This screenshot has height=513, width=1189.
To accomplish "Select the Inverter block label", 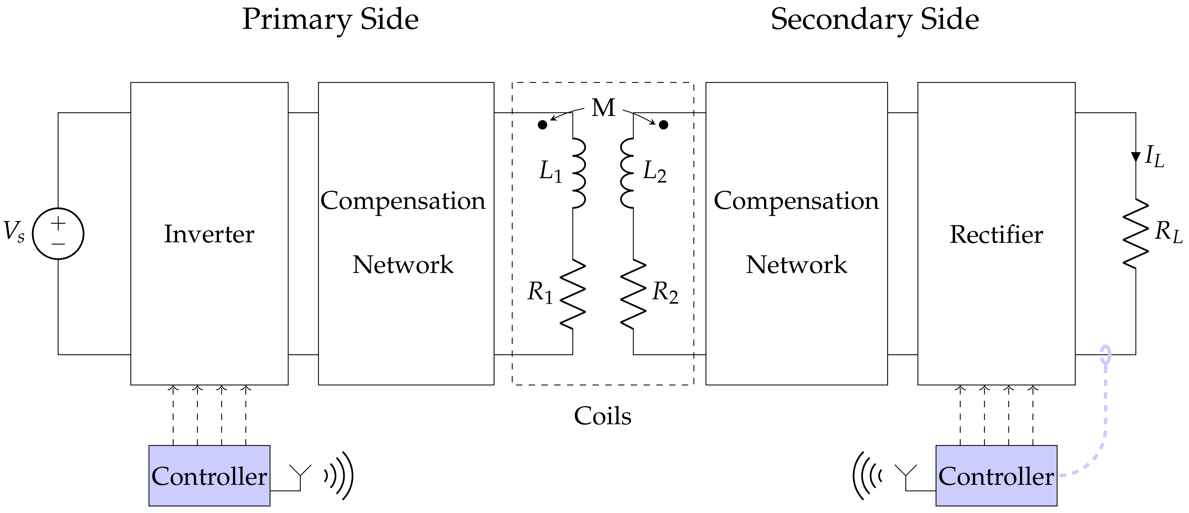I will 209,234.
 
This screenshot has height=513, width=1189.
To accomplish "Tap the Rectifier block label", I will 996,234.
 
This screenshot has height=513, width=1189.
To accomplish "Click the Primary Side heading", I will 330,19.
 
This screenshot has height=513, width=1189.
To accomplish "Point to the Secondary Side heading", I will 875,19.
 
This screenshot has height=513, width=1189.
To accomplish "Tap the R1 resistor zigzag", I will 573,294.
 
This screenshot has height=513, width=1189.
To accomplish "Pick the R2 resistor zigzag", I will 633,294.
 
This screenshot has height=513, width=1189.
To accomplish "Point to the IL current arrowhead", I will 1136,157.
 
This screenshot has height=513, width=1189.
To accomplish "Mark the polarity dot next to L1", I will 543,125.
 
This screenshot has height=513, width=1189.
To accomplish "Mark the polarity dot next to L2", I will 663,125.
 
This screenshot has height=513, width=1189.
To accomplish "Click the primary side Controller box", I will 209,476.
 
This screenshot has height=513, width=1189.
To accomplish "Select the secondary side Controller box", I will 996,476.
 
